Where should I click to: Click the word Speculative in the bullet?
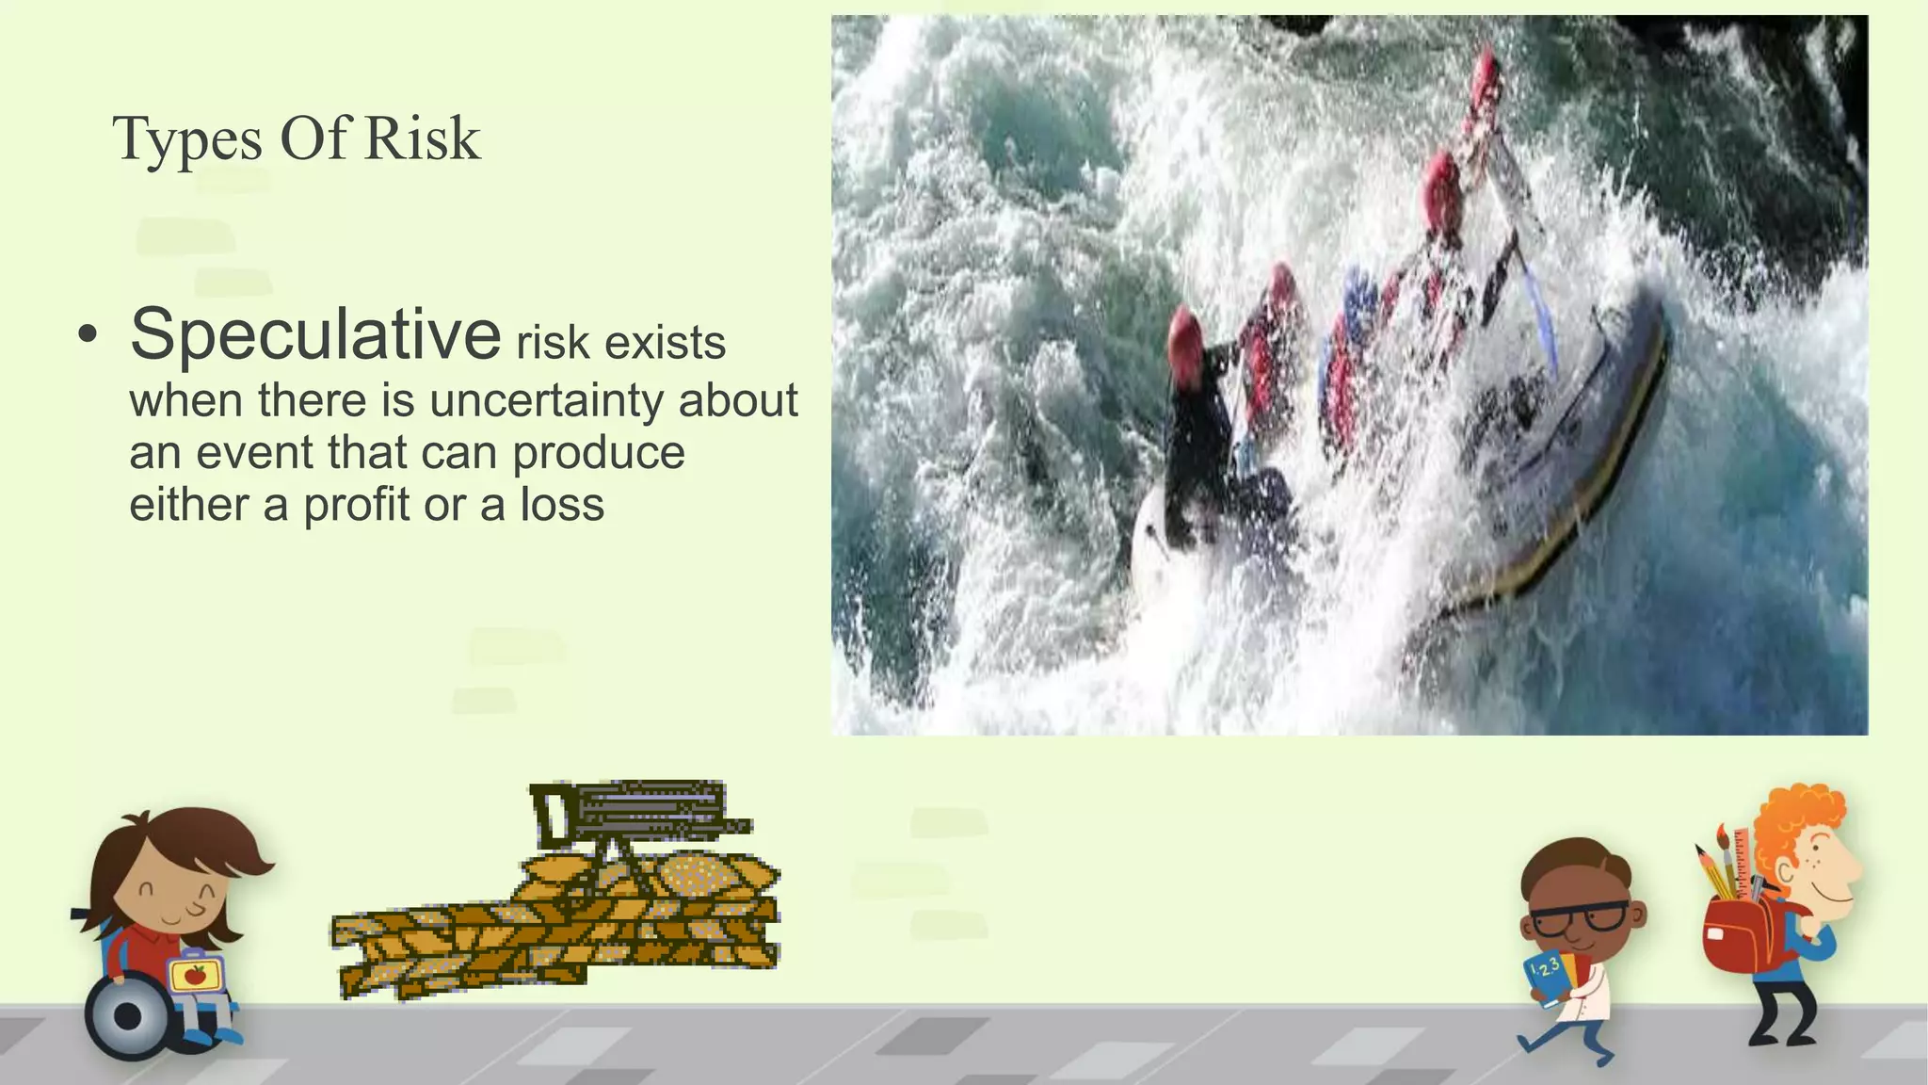tap(314, 335)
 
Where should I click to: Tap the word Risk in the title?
tap(422, 139)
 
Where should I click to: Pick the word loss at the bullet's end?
tap(562, 505)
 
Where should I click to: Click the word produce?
tap(598, 453)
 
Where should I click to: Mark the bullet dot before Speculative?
tap(88, 335)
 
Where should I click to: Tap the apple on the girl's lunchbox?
tap(195, 974)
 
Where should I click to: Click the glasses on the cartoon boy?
tap(1578, 917)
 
